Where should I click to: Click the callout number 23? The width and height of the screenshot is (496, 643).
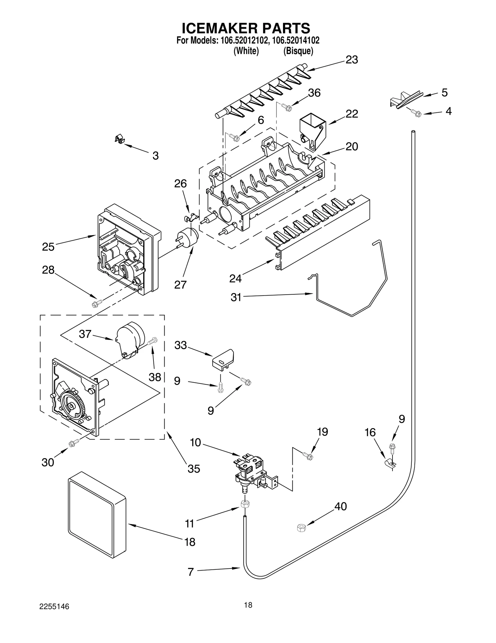[352, 60]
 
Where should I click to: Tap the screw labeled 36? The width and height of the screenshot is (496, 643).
[286, 107]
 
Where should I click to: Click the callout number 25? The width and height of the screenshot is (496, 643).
[48, 247]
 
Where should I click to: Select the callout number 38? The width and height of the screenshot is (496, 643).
[155, 377]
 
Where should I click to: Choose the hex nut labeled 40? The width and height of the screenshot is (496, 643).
[301, 528]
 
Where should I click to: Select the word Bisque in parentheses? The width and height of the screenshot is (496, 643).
[298, 51]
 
